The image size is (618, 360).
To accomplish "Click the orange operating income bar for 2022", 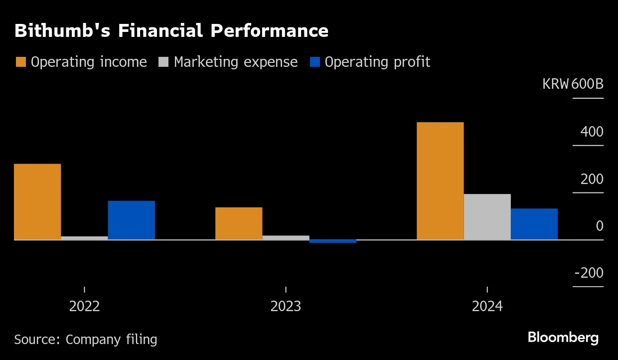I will [x=37, y=201].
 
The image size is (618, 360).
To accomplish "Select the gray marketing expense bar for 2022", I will [x=84, y=238].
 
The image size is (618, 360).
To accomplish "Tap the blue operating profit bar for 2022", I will [x=131, y=220].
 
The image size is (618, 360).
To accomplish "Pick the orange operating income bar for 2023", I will [x=239, y=223].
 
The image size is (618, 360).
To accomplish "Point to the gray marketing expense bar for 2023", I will [x=286, y=237].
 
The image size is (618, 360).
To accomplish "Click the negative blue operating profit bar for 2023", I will [x=333, y=241].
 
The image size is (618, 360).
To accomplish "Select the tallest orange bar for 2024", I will [x=440, y=181].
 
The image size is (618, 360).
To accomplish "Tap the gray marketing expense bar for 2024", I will [x=487, y=217].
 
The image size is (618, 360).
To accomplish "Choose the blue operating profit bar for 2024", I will [x=534, y=224].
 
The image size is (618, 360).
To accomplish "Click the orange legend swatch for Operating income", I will [x=21, y=62].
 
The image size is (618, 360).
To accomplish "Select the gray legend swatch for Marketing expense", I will [x=164, y=62].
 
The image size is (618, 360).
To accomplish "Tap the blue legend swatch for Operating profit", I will [x=315, y=62].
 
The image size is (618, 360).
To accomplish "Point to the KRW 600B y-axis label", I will [x=573, y=84].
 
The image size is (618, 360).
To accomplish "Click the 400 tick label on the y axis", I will [x=592, y=132].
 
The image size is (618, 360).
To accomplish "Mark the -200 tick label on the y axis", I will [x=589, y=273].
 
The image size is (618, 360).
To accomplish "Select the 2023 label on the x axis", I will [x=286, y=306].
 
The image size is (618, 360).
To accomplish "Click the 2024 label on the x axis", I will [x=487, y=306].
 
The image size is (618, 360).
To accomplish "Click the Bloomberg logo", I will [x=563, y=338].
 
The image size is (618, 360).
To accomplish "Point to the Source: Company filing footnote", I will [x=85, y=340].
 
